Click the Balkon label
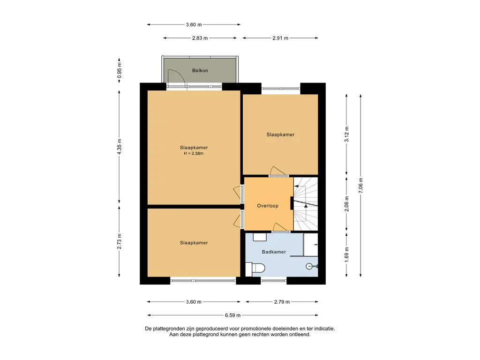pos(200,70)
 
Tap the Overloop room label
pos(268,206)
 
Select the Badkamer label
pos(274,252)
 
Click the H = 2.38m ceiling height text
pos(194,153)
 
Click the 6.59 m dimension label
pos(232,315)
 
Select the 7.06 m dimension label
pos(360,186)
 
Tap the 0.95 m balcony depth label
pos(120,70)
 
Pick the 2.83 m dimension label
pos(200,38)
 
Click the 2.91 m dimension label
pos(280,38)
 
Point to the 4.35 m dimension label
pos(120,146)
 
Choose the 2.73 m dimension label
pos(120,241)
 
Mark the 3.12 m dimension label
pos(346,134)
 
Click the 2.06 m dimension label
pos(346,204)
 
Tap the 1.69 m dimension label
pos(346,255)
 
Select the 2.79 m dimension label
pos(282,302)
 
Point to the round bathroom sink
pos(309,266)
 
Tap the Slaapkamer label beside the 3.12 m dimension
pos(280,135)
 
